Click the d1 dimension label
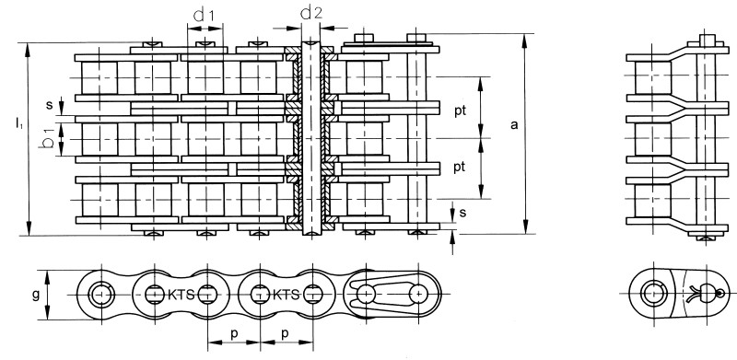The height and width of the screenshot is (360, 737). point(204,16)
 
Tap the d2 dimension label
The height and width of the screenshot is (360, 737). point(311,13)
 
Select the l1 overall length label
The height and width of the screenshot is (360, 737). point(18,124)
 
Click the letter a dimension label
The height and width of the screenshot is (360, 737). point(514,125)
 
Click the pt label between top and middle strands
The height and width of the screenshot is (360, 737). point(460,111)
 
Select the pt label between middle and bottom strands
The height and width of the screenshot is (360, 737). point(460,168)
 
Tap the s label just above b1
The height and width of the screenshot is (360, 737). point(50,105)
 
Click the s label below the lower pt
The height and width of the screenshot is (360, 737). point(463,213)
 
